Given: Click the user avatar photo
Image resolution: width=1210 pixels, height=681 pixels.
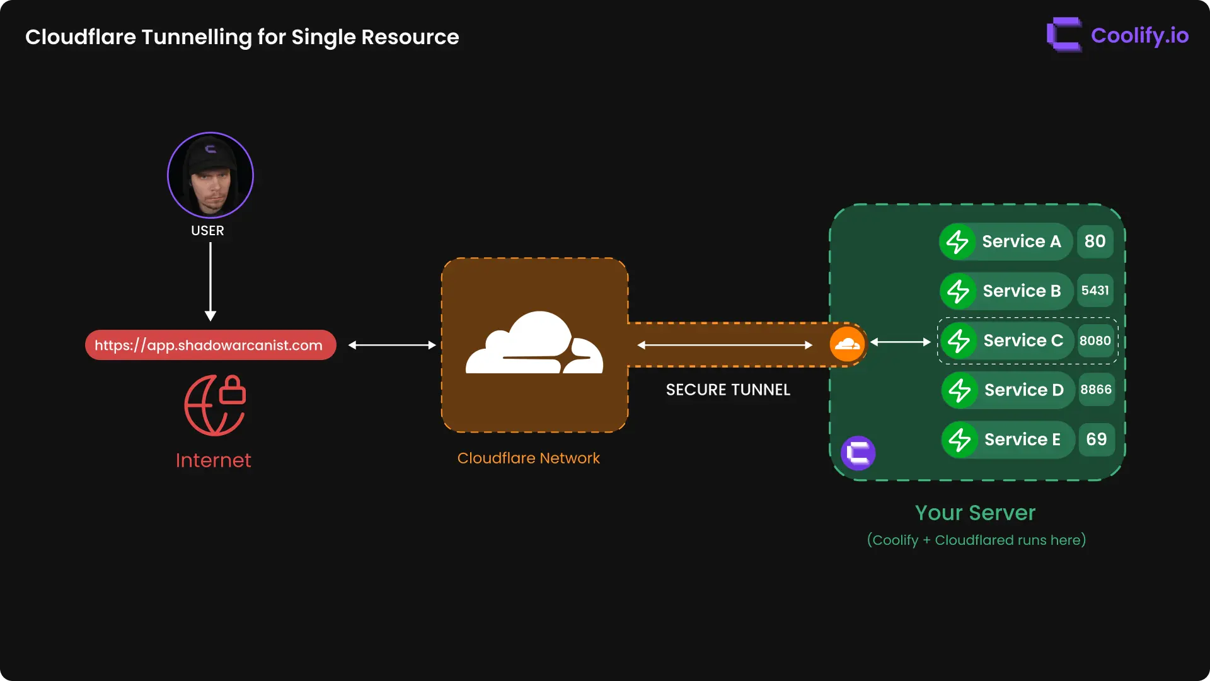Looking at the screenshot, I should (x=210, y=175).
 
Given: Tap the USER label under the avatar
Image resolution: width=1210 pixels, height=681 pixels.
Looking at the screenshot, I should (x=207, y=231).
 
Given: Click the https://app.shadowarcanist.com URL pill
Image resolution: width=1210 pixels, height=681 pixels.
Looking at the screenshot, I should (x=210, y=345).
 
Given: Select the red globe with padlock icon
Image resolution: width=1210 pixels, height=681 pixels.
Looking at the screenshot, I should (x=215, y=405).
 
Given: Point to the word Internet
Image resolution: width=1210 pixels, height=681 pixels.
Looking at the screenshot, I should (x=213, y=460).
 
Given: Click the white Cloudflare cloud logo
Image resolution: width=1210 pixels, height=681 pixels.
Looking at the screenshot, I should (x=534, y=344).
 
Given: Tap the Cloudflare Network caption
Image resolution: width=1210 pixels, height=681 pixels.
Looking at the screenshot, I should (x=528, y=458).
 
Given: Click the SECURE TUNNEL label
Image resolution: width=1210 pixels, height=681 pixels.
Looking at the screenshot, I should (x=728, y=390).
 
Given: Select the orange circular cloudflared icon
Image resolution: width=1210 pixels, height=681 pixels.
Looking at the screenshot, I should (x=847, y=344).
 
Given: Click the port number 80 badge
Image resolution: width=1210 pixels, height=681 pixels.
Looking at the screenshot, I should (x=1095, y=242).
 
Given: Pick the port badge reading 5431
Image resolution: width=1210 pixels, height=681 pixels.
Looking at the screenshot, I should (x=1095, y=291).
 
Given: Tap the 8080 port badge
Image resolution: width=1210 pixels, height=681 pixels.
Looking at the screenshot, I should (x=1095, y=340).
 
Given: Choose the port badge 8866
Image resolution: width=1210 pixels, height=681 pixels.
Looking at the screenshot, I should (x=1096, y=390).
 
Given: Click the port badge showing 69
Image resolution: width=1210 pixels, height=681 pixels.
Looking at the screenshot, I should (x=1096, y=439).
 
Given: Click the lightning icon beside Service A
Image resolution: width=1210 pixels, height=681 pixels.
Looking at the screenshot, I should (x=957, y=242).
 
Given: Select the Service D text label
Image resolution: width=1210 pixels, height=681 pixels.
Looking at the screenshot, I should (x=1023, y=390).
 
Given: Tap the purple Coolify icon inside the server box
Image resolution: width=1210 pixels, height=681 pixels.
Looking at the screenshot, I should (x=858, y=453).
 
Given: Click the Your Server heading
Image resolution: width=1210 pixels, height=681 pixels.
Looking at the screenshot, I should (x=975, y=513).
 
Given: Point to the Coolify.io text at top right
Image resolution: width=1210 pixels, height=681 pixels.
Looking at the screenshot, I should (x=1139, y=35).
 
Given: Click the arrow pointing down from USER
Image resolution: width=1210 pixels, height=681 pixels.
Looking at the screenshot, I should (x=210, y=281).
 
